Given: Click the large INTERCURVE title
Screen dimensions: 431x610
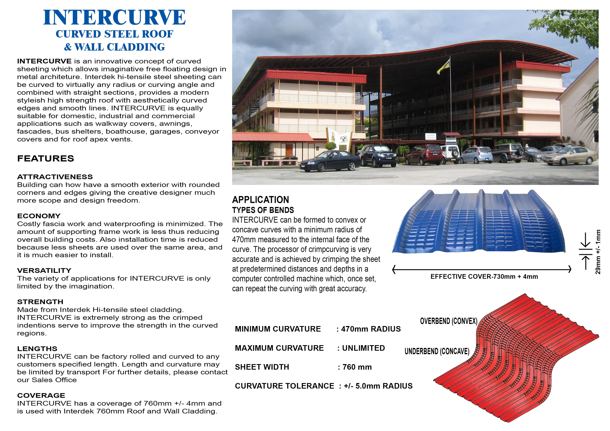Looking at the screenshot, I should click(114, 18).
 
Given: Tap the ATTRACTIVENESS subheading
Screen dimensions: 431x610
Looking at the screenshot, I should click(55, 177).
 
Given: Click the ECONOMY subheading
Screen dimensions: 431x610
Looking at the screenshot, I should click(39, 216).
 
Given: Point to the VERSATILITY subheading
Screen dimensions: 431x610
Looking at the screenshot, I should click(44, 271).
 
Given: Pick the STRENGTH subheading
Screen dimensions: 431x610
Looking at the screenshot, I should click(40, 302).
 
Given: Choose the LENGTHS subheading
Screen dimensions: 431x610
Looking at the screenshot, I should click(37, 349).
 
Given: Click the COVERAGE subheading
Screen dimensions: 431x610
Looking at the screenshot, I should click(41, 396).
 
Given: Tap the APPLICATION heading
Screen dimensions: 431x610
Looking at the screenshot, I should click(260, 200).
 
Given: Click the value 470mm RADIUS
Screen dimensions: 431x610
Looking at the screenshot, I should click(371, 329).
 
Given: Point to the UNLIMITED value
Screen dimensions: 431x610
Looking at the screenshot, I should click(363, 348).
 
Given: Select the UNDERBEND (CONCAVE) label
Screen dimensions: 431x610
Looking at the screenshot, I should click(437, 351).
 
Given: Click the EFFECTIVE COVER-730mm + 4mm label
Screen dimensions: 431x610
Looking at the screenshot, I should click(484, 277).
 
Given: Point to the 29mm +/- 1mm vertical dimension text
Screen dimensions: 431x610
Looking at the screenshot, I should click(598, 252).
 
